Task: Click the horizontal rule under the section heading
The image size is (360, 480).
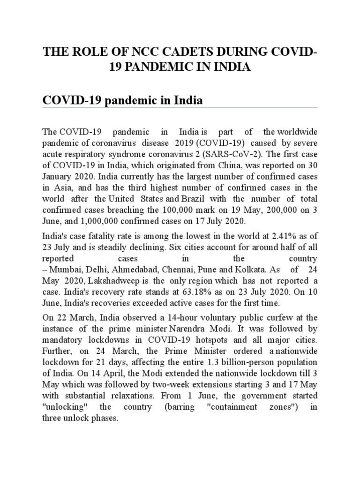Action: click(x=180, y=107)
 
